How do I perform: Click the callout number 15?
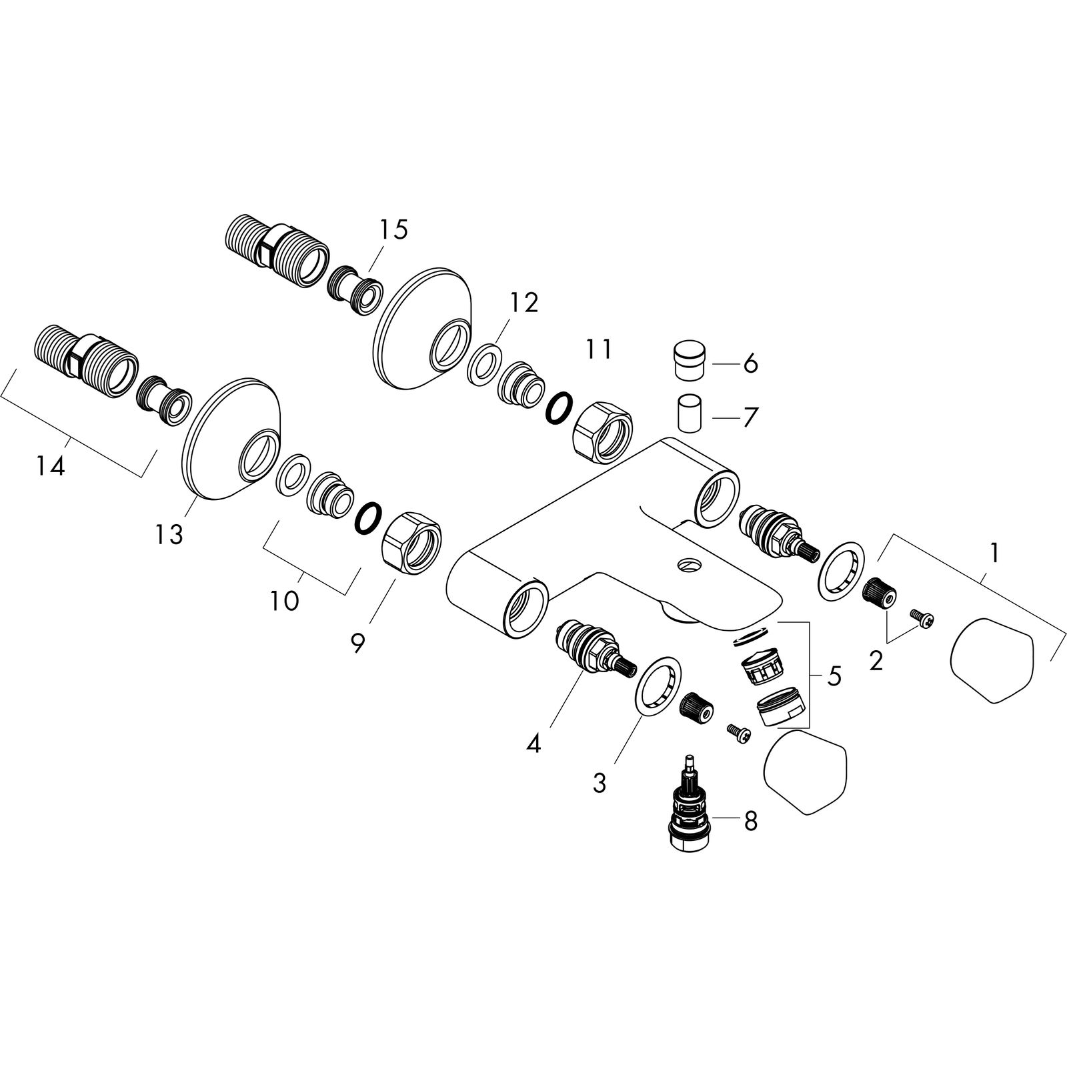coord(393,230)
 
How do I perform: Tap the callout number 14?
coord(51,466)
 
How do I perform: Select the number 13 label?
coord(169,534)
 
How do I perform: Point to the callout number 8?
coord(750,822)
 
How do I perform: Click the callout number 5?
coord(834,676)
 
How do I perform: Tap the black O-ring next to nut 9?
coord(367,518)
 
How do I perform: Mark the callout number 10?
coord(284,600)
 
